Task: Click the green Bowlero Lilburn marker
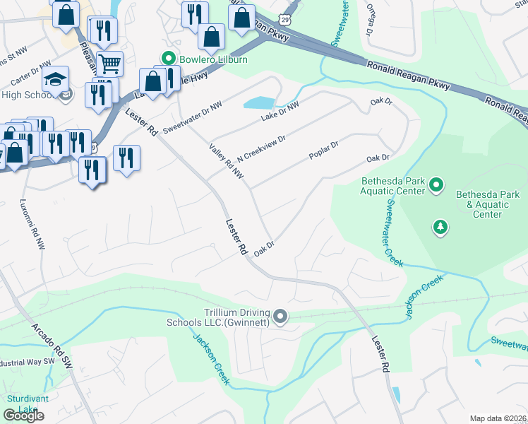coord(168,58)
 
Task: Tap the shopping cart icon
coord(109,64)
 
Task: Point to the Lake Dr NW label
coord(280,112)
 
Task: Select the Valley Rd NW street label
coord(226,160)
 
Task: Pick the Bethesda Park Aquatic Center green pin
coord(436,186)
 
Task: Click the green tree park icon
coord(440,226)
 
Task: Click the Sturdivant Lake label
coord(23,404)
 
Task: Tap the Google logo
coord(23,416)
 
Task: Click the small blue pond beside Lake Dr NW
coord(259,103)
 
